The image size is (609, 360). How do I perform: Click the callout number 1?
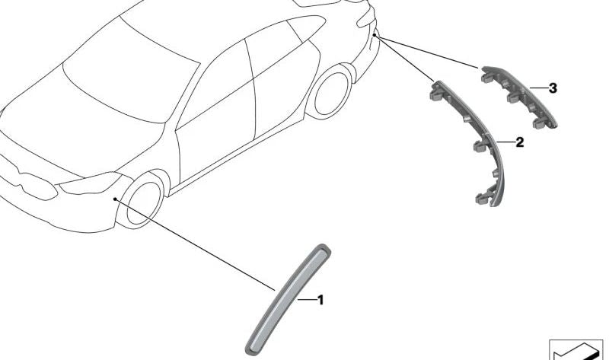point(320,301)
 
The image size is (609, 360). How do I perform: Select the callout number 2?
point(519,142)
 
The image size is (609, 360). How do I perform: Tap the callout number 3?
point(553,88)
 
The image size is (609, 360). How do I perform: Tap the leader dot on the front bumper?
point(114,199)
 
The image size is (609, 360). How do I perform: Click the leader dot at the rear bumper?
point(376,34)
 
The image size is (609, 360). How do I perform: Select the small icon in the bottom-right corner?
point(577,349)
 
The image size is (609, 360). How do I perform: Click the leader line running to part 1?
point(198,245)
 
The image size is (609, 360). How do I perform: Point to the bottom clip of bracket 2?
point(482,199)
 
